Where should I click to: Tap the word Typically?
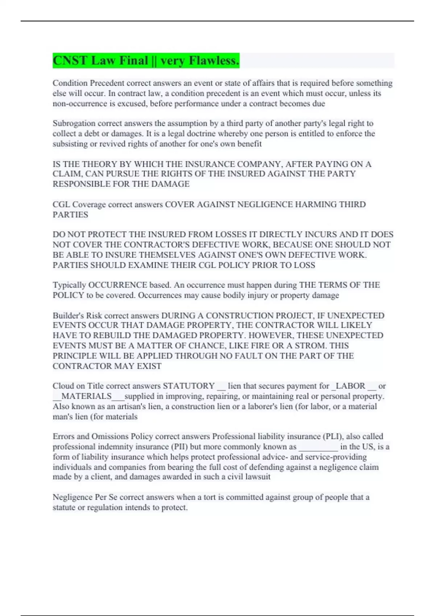[x=69, y=285]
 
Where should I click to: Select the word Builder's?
[x=68, y=316]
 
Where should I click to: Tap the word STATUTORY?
[x=189, y=386]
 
